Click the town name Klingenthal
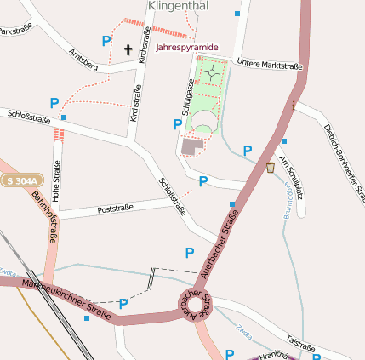point(179,6)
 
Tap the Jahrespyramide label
point(187,48)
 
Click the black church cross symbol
point(128,50)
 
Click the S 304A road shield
point(20,180)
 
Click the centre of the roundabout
point(193,303)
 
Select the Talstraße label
point(301,342)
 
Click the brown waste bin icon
point(271,167)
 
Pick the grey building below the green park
point(193,146)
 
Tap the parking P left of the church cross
point(106,40)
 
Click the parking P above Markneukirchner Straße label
point(123,303)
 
